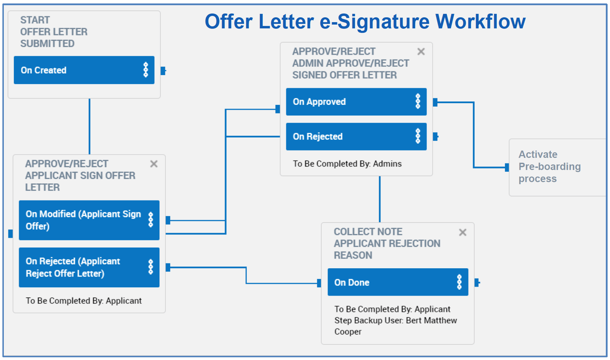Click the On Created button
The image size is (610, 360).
tap(76, 70)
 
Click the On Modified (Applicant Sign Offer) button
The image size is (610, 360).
tap(82, 220)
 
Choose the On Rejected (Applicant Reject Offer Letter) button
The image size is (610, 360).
tap(82, 267)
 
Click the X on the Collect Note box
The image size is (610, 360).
tap(462, 232)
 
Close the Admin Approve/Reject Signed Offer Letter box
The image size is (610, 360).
tap(421, 52)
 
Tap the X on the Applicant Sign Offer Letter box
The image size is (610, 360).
tap(154, 164)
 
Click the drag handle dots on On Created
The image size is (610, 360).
tap(146, 70)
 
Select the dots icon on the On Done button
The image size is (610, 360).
tap(459, 282)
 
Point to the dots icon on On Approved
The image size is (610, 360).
tap(418, 102)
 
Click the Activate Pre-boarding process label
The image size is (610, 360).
tap(549, 166)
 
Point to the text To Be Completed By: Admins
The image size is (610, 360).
tap(347, 164)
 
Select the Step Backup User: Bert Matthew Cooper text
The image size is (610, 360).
tap(395, 326)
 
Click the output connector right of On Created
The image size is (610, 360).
tap(163, 71)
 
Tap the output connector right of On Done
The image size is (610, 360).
tap(477, 283)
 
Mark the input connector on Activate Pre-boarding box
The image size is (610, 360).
tap(507, 167)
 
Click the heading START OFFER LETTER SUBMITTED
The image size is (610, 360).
tap(53, 32)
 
